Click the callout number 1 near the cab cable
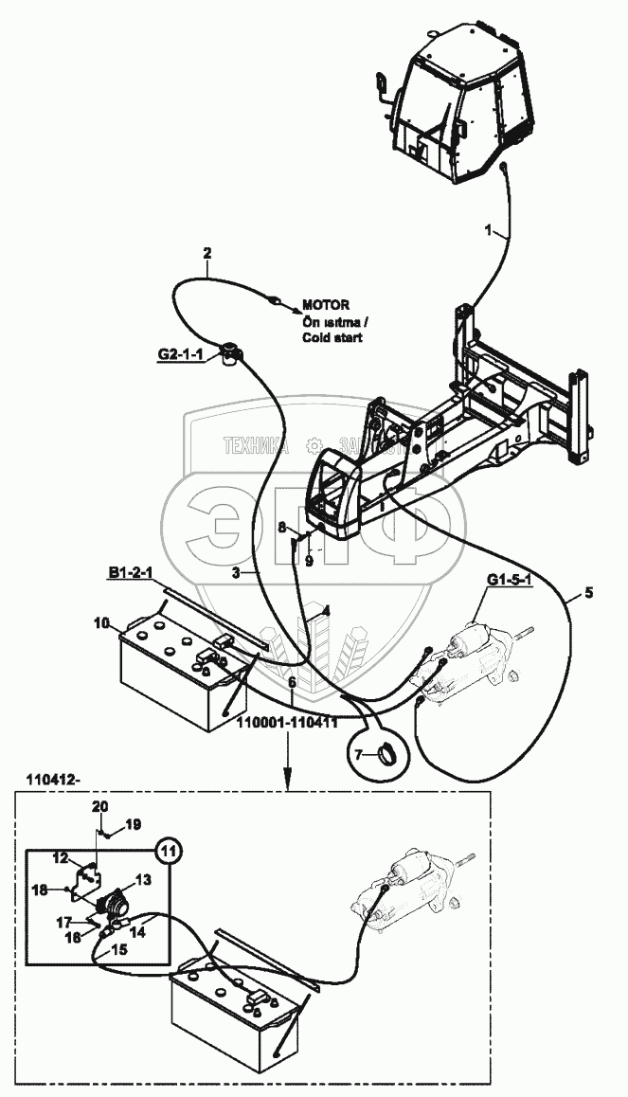pos(489,230)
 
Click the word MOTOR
pos(326,305)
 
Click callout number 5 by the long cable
pos(588,593)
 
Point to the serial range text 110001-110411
pos(289,723)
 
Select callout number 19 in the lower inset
pos(133,824)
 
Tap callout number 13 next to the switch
pos(144,878)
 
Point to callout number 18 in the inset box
pos(41,890)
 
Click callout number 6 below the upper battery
pos(292,682)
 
